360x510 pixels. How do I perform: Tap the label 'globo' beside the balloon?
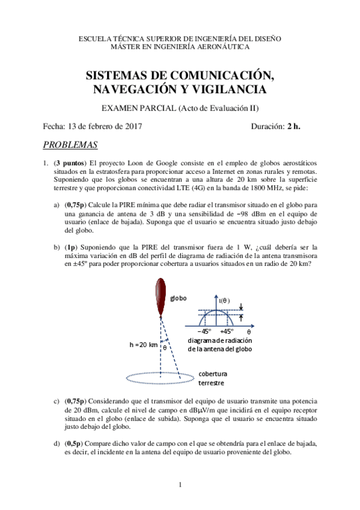tap(178, 298)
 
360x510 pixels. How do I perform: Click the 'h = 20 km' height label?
tap(143, 345)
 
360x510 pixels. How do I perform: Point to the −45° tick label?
tap(205, 331)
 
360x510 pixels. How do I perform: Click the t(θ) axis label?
tap(224, 300)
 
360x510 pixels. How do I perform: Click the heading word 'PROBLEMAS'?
tap(71, 145)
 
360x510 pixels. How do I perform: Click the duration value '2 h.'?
tap(293, 126)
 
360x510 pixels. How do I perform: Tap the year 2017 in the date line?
tap(132, 126)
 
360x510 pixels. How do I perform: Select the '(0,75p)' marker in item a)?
tap(76, 205)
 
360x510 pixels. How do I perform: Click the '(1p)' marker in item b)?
tap(72, 247)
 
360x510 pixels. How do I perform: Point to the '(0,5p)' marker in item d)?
tap(74, 443)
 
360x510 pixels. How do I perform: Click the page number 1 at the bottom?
tap(180, 484)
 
